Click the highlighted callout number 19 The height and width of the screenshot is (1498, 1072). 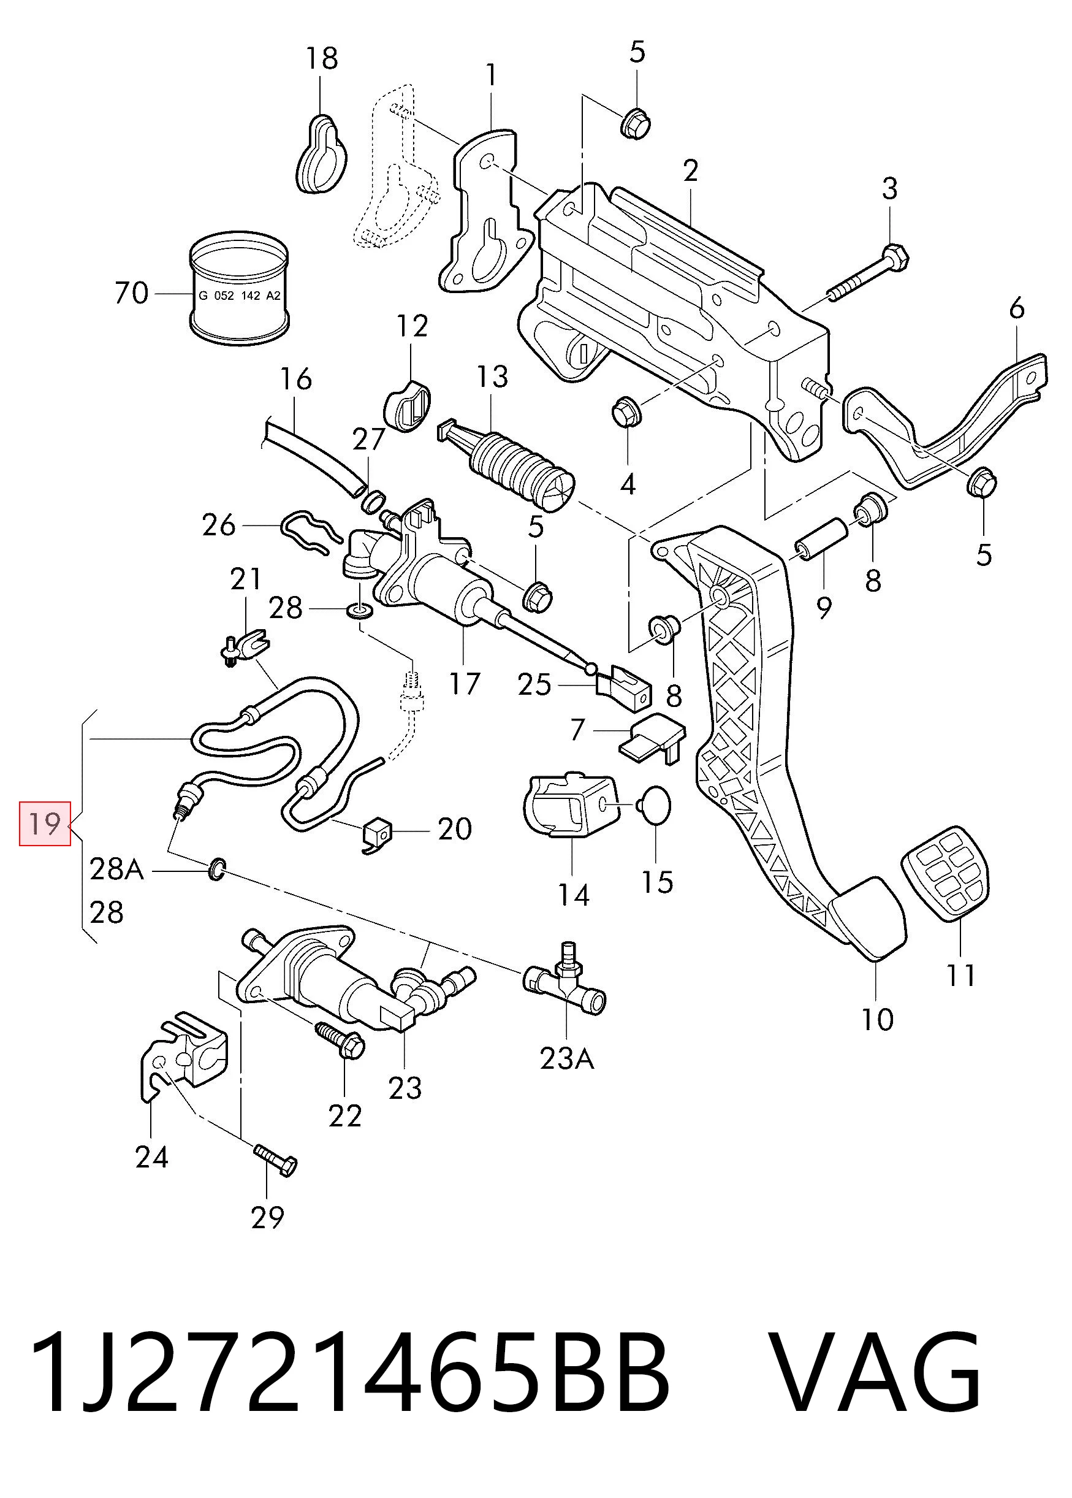point(45,824)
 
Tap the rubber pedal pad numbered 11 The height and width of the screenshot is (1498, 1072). point(945,871)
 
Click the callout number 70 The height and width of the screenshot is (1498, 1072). point(131,292)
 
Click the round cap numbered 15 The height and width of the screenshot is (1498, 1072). point(655,806)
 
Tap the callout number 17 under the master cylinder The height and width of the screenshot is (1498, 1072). point(463,684)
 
